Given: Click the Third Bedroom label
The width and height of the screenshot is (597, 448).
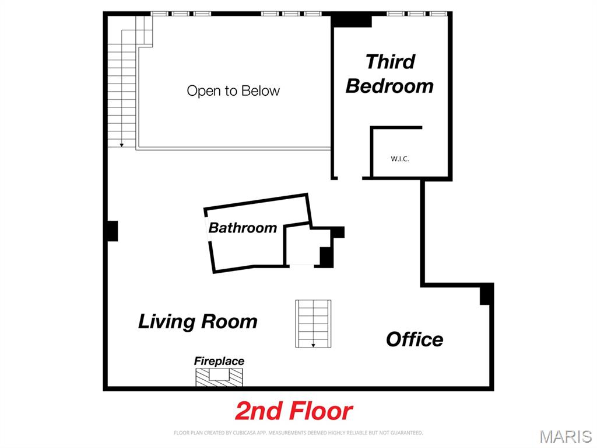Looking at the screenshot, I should [x=389, y=74].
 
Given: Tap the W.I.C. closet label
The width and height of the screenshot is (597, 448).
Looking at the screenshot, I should [x=399, y=158].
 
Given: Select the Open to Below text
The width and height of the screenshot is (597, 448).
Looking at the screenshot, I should [x=233, y=91].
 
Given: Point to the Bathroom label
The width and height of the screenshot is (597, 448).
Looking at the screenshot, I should [x=243, y=227].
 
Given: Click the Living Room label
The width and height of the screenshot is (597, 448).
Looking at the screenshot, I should [x=198, y=321].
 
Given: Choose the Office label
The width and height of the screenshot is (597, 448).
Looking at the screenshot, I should [x=415, y=339].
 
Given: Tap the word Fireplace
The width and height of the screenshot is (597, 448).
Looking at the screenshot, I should [x=219, y=361].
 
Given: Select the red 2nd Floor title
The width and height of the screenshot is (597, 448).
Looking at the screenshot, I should [x=294, y=411].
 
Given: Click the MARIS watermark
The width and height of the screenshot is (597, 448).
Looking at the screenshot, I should [x=566, y=436].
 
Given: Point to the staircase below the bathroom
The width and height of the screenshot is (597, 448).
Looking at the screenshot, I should [x=313, y=323].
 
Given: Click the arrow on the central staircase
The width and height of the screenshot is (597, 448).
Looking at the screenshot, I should [x=313, y=345].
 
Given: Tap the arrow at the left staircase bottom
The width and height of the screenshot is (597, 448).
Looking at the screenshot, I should [x=121, y=144].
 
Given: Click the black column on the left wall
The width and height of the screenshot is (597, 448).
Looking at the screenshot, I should [x=112, y=231].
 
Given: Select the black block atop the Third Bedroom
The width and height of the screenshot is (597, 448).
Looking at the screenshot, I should [x=352, y=20].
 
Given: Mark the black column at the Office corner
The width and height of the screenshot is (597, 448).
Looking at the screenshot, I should [x=486, y=294].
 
